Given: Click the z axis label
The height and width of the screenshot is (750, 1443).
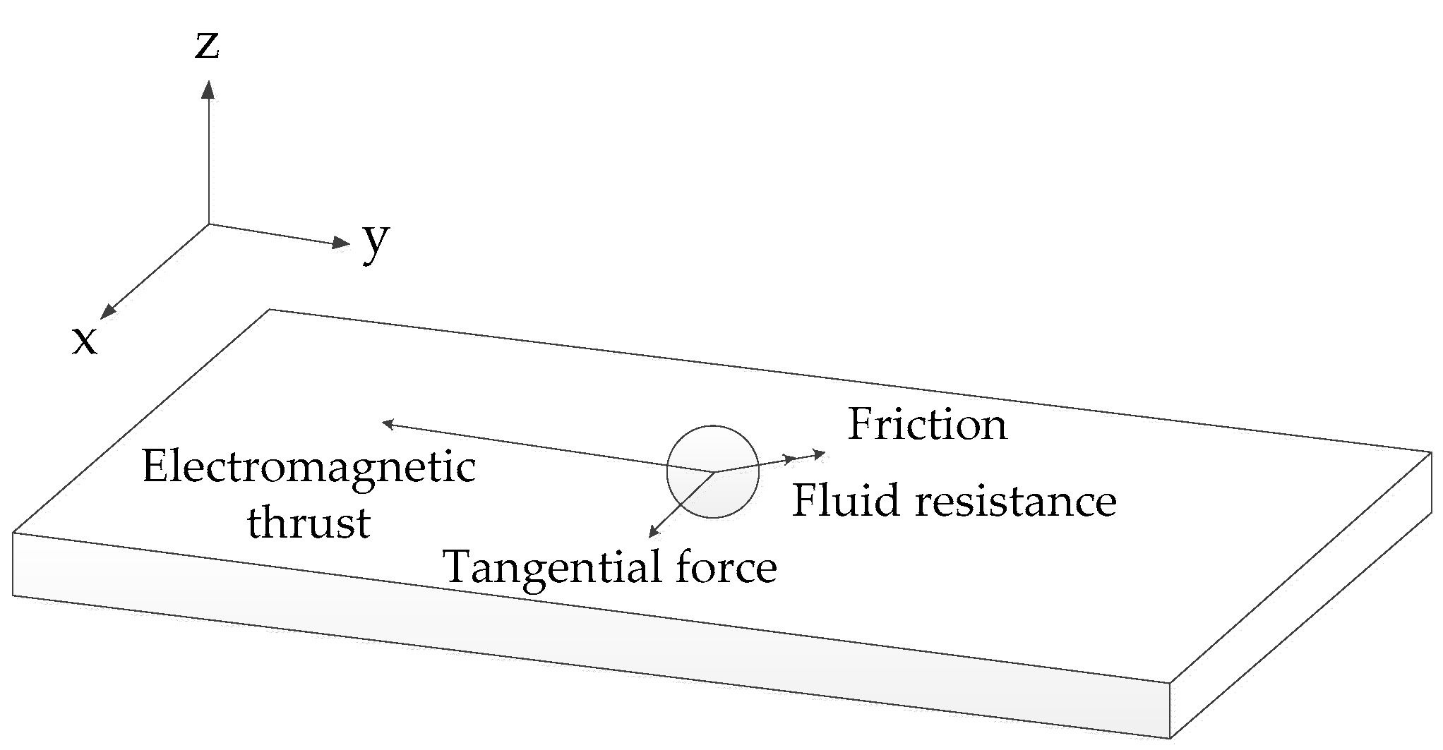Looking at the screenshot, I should point(207,45).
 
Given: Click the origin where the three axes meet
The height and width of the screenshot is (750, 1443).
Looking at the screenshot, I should point(208,224).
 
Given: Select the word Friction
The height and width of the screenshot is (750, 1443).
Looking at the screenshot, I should point(927,424).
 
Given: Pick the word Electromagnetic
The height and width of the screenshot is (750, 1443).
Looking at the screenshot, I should point(309,467).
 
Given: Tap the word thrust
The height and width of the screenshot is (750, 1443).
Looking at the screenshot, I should point(309,524).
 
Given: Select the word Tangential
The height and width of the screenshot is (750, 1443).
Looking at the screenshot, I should point(551,567).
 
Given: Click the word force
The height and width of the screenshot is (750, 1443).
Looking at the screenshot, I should point(726,567).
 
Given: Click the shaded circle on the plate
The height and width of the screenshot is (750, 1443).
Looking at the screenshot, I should point(713,471).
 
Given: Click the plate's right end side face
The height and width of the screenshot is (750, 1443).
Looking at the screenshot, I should point(1299,607).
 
